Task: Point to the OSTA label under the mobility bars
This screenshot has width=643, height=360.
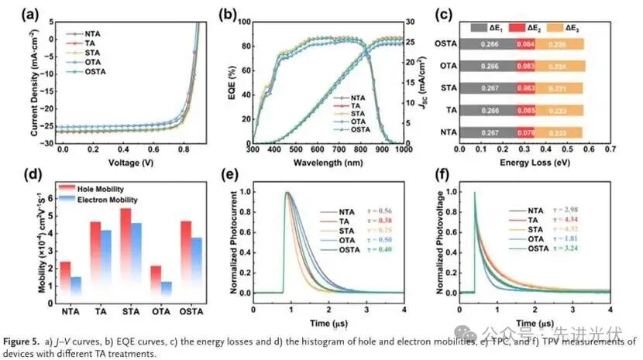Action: coord(191,312)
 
